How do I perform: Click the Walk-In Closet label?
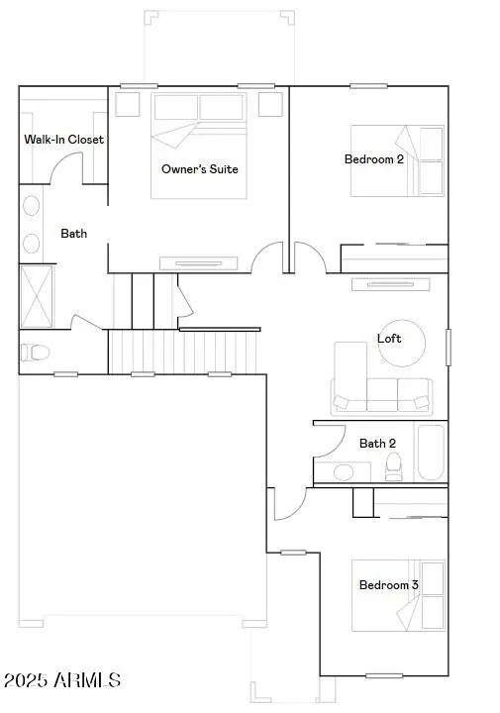click(64, 140)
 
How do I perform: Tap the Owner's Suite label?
click(200, 168)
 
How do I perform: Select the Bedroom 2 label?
click(373, 159)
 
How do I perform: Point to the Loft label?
click(389, 339)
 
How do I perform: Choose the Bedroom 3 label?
click(388, 585)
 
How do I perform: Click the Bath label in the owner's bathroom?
click(74, 234)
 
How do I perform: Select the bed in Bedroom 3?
click(398, 595)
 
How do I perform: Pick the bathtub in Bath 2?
click(430, 453)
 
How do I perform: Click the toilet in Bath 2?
click(394, 466)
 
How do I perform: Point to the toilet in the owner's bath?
click(34, 352)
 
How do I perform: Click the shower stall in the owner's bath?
click(39, 295)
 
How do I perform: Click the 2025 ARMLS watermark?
click(61, 681)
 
